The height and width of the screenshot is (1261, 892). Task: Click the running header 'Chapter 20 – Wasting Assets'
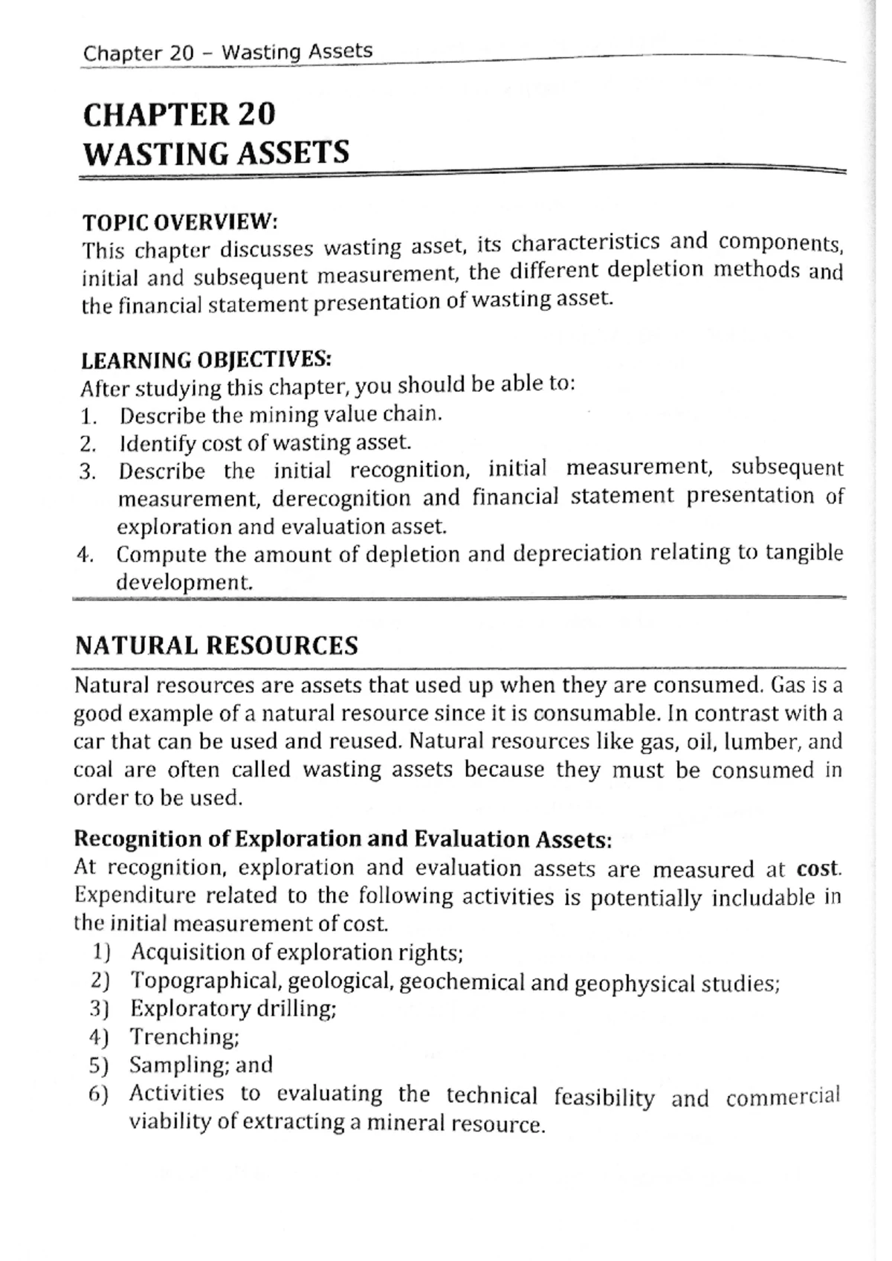point(227,52)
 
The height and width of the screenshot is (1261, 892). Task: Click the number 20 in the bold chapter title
point(256,115)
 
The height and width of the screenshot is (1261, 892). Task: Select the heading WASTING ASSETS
point(216,153)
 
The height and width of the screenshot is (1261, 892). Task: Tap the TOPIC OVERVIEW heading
point(179,222)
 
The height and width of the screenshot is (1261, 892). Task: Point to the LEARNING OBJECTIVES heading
point(206,360)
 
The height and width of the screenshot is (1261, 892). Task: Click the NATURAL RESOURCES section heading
point(216,645)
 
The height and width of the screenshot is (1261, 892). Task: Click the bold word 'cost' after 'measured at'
point(818,868)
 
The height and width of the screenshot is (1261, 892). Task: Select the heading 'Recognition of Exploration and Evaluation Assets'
point(343,839)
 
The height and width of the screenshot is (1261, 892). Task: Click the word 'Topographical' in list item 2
point(205,981)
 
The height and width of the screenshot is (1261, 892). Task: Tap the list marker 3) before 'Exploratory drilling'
point(99,1009)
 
